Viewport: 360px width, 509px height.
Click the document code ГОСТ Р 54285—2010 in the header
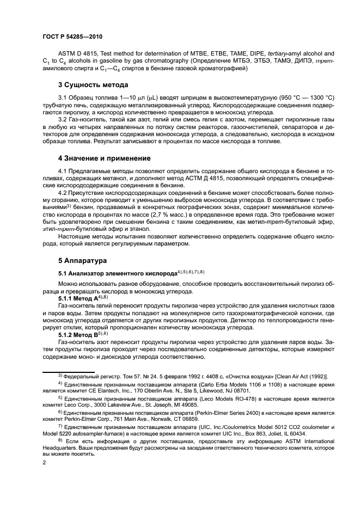[72, 37]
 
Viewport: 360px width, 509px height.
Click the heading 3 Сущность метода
[93, 84]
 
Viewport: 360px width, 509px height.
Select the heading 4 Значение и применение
[105, 158]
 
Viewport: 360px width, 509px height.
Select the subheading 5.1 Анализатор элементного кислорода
[118, 272]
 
